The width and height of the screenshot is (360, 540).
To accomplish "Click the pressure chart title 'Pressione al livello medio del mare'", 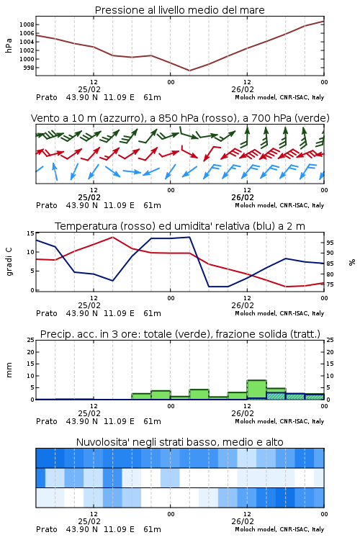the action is [179, 10].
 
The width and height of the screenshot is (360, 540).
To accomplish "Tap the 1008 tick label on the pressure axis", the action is [27, 24].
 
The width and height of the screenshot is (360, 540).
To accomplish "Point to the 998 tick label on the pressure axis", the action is [29, 68].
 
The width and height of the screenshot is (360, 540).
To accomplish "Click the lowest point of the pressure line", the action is [189, 71].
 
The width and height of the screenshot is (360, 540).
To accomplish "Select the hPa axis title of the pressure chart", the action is [9, 45].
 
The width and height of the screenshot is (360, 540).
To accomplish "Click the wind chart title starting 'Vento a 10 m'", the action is [180, 118].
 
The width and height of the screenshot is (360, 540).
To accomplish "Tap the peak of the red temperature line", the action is [112, 237].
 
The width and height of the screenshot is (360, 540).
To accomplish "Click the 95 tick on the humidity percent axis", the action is [330, 243].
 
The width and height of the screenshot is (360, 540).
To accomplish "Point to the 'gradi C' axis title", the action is [9, 261].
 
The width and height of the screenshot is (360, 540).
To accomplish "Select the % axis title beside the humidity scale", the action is [352, 262].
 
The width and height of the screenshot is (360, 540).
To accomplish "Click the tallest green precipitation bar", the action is [256, 390].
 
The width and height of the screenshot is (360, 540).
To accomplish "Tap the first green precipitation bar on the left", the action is [141, 397].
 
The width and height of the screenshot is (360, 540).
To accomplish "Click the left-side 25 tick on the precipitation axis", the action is [31, 340].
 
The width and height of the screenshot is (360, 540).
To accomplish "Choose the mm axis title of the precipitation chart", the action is [9, 370].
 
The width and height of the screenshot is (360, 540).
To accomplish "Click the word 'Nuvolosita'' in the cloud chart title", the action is [100, 442].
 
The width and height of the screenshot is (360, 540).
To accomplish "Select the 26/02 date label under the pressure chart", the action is [243, 89].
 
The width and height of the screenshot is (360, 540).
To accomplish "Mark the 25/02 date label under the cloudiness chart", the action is [89, 521].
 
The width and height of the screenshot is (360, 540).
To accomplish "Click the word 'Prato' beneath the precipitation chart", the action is [47, 421].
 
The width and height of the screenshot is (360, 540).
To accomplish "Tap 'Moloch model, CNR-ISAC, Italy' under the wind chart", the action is [279, 205].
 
